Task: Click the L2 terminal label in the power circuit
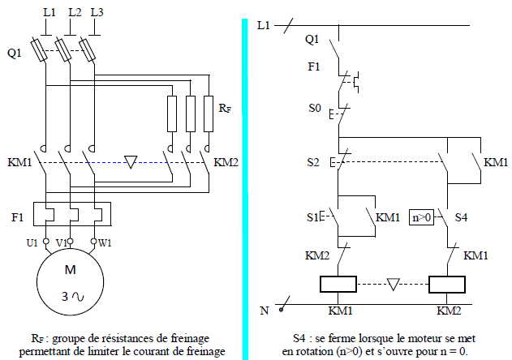click(75, 12)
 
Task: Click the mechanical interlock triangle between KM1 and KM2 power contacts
click(131, 162)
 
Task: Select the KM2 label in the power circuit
click(226, 162)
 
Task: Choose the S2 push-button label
click(314, 162)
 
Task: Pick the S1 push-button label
click(314, 217)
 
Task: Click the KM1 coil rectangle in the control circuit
click(341, 285)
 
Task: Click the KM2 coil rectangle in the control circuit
click(447, 285)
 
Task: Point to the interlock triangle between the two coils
click(394, 285)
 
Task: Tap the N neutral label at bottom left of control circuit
click(262, 310)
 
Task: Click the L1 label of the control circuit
click(263, 25)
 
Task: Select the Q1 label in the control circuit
click(313, 38)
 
